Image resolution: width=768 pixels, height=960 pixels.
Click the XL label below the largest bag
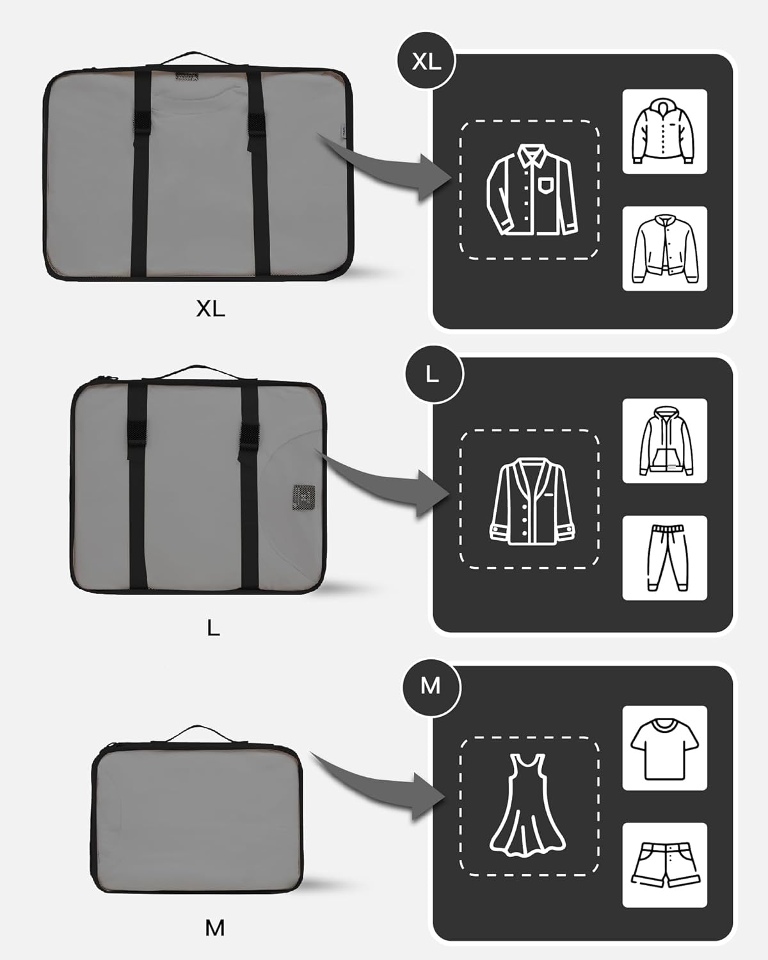pyautogui.click(x=211, y=308)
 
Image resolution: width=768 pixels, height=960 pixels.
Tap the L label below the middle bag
pyautogui.click(x=213, y=628)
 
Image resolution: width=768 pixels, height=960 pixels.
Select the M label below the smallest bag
pyautogui.click(x=214, y=929)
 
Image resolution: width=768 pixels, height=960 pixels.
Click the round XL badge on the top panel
pyautogui.click(x=426, y=61)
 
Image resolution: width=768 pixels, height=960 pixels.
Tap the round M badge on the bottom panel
pyautogui.click(x=431, y=685)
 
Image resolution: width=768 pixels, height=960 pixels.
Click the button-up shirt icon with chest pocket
pyautogui.click(x=532, y=189)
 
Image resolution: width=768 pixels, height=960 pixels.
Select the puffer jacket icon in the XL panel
pyautogui.click(x=664, y=131)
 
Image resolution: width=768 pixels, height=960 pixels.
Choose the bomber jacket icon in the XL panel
pyautogui.click(x=664, y=248)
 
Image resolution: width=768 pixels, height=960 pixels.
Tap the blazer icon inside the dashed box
pyautogui.click(x=532, y=501)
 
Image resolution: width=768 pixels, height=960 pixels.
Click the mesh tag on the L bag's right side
pyautogui.click(x=304, y=497)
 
